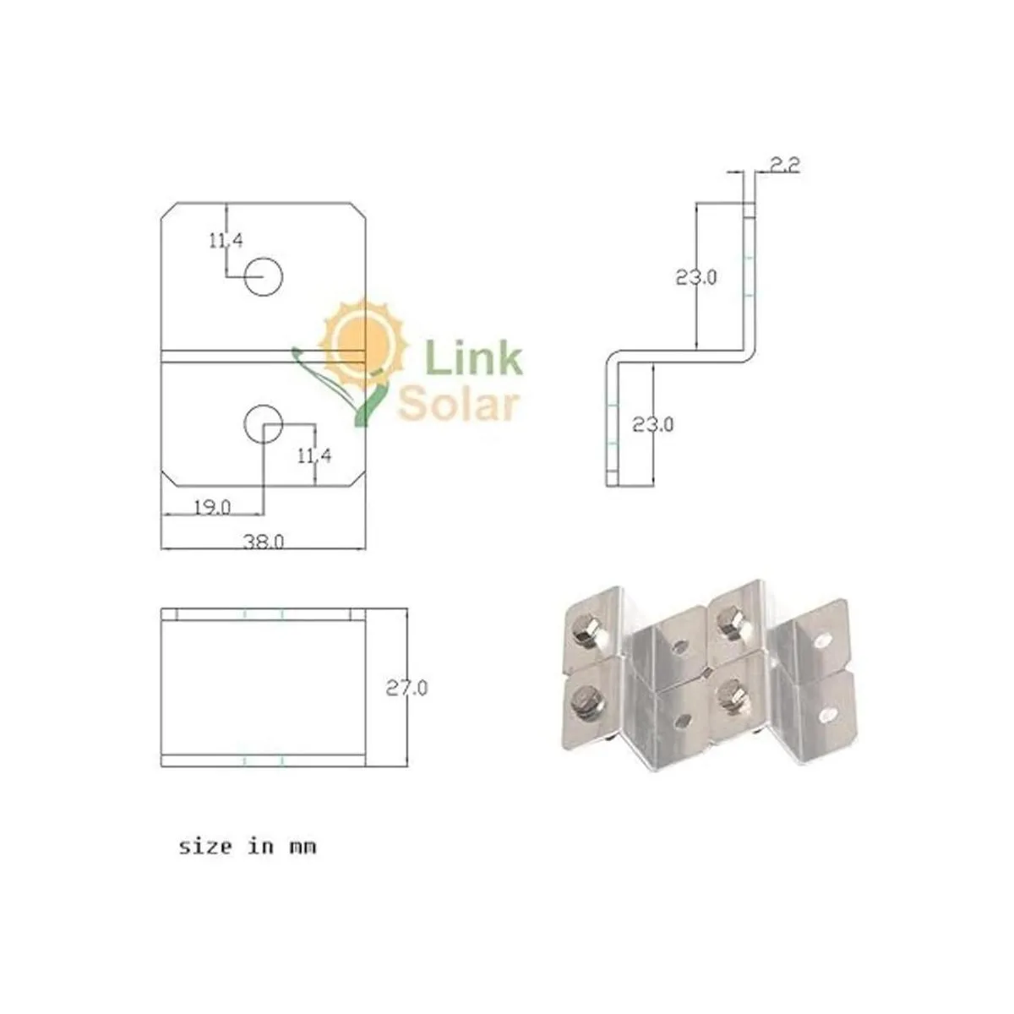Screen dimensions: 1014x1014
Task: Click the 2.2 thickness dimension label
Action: tap(785, 166)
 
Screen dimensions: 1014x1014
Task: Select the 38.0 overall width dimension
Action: tap(264, 541)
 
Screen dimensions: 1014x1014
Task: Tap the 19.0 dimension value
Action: tap(212, 508)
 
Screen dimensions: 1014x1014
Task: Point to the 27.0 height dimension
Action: tap(406, 688)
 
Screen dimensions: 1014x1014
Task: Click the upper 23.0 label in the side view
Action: tap(696, 277)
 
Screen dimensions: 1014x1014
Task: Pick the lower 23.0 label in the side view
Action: tap(652, 424)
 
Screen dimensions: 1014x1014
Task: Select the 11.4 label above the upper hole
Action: tap(226, 241)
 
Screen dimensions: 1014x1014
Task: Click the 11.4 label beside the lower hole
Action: tap(314, 455)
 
